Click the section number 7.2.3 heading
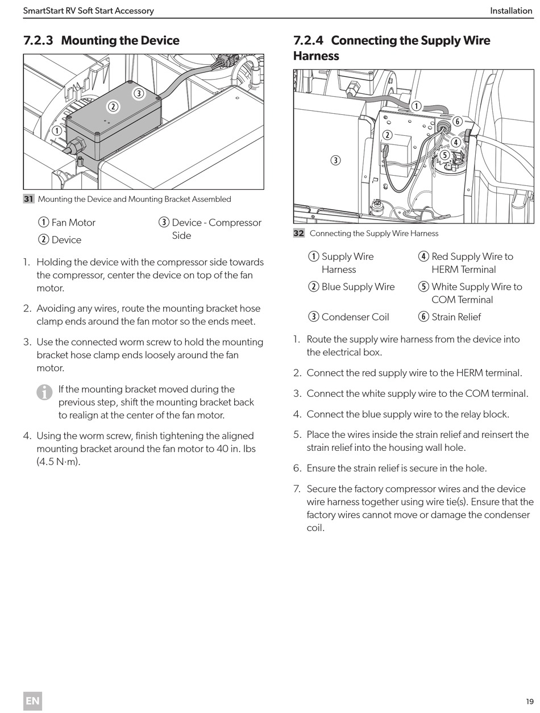pos(38,40)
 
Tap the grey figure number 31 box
pos(28,199)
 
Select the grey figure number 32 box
pos(299,233)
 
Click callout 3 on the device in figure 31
pos(139,94)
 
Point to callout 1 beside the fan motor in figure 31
pos(57,131)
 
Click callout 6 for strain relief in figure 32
pos(457,122)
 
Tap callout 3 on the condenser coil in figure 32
pos(335,160)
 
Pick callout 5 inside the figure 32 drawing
pos(445,155)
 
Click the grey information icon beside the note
pos(44,392)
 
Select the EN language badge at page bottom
pos(32,701)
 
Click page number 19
pos(530,701)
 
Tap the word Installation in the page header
pos(511,11)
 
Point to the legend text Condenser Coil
pos(355,317)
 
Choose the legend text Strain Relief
pos(456,317)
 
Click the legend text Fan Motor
pos(73,222)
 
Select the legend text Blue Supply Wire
pos(358,287)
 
